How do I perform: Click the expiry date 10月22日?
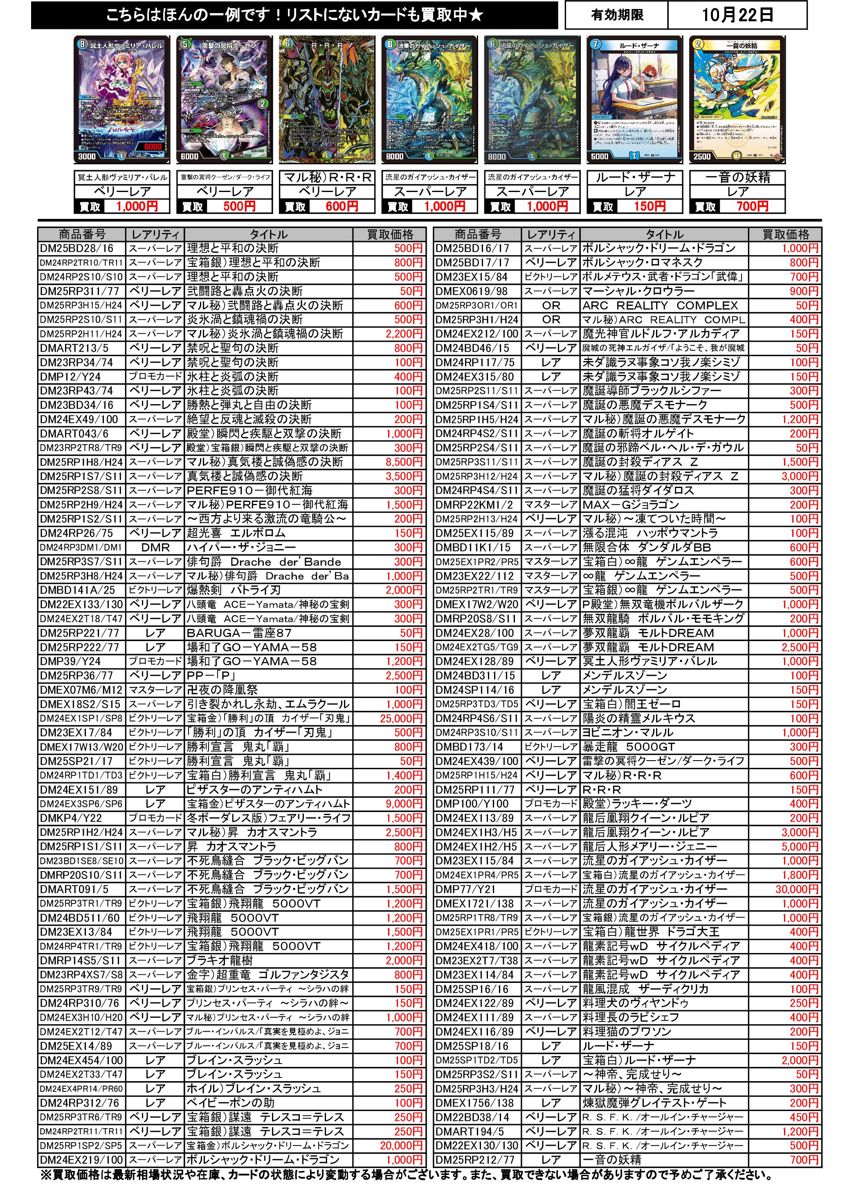point(737,15)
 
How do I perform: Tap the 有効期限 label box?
point(617,15)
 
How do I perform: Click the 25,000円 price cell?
point(401,718)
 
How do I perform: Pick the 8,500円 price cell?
point(404,462)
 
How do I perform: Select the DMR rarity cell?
point(155,547)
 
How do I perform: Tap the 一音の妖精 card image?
point(737,99)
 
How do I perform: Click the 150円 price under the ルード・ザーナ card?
point(649,206)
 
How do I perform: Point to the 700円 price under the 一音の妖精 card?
point(752,206)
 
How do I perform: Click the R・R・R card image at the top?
point(327,99)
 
